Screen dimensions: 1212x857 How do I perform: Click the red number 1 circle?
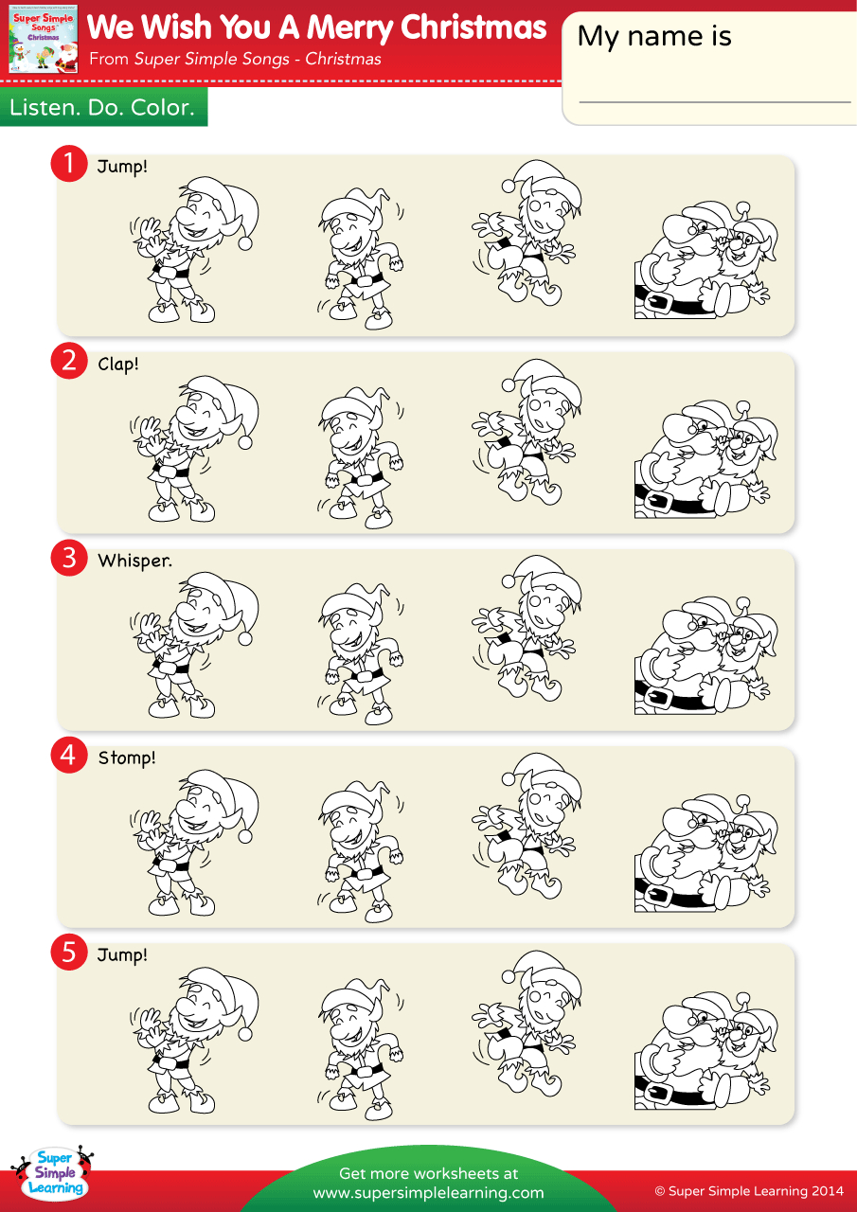[68, 164]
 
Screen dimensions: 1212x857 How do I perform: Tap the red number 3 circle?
[68, 558]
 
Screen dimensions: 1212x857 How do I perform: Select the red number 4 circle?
[68, 756]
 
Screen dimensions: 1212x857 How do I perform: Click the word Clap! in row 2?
[118, 364]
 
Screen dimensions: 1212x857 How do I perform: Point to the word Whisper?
[134, 561]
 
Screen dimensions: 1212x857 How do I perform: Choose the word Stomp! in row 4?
[127, 757]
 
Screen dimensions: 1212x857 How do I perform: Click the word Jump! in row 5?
[122, 954]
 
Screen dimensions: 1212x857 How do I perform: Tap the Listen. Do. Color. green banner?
[102, 108]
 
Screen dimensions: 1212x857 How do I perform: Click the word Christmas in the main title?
[473, 28]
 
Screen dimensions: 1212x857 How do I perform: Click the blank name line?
[714, 100]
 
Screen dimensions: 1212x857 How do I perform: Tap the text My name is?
[654, 36]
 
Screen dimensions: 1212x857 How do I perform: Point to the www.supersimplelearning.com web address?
[428, 1193]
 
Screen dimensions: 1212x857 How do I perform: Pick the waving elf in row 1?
[194, 248]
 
